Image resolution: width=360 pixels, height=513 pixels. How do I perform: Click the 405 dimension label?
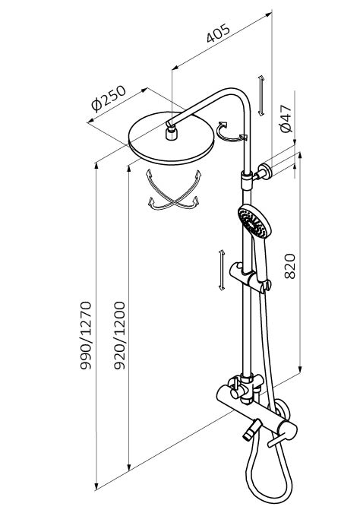218,33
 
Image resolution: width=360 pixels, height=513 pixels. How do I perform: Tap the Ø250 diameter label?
109,99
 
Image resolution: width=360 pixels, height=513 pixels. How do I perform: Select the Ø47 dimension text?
286,119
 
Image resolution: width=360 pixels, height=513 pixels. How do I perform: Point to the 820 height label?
289,266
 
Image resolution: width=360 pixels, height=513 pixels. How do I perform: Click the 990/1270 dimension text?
86,336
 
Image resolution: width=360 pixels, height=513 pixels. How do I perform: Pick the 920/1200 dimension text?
119,336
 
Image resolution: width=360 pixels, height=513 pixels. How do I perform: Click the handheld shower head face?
252,223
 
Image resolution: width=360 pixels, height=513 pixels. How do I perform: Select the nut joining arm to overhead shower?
171,134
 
